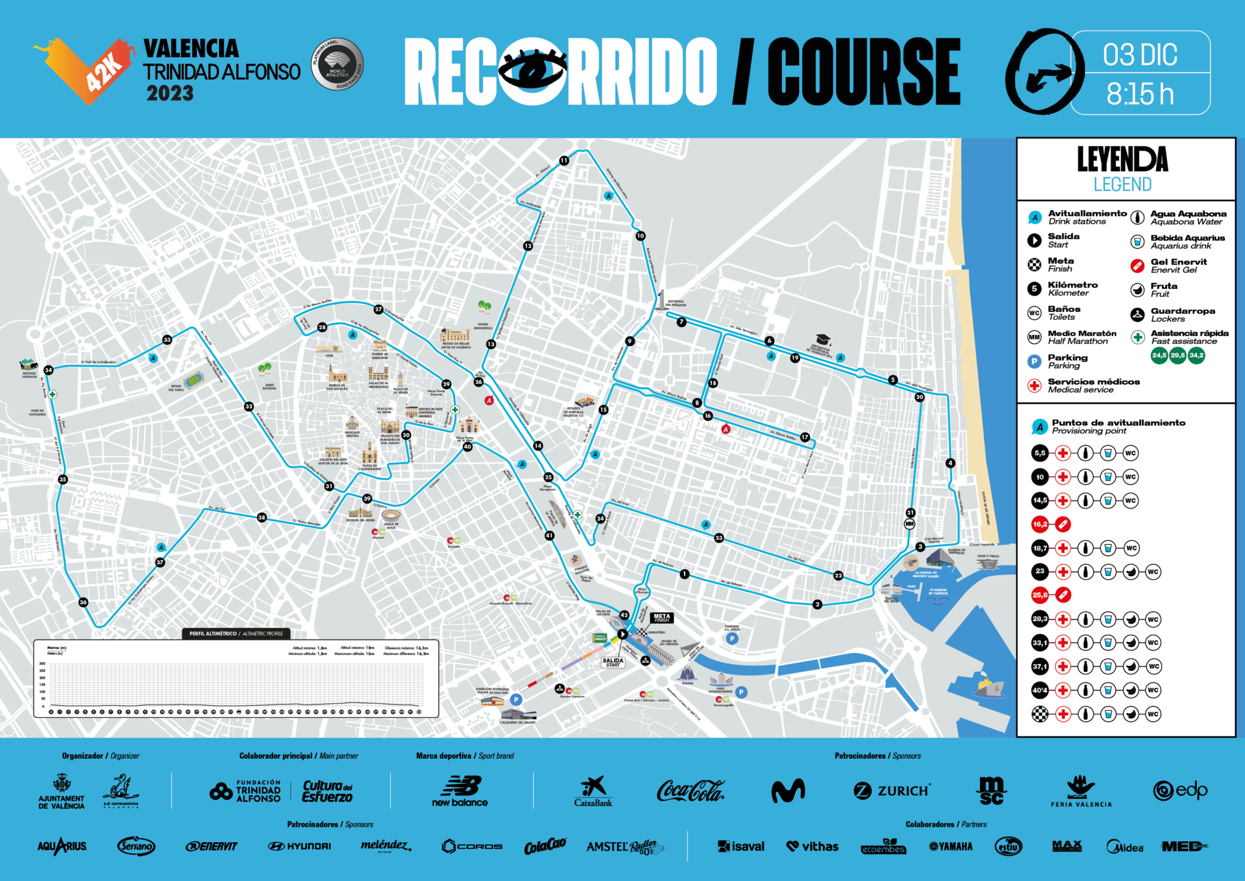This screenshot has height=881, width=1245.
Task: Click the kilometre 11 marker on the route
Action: coord(564,161)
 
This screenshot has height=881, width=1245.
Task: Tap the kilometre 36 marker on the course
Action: coord(83,602)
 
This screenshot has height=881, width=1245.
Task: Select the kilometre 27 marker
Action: coord(378,309)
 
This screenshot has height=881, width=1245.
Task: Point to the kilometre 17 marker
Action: coord(805,437)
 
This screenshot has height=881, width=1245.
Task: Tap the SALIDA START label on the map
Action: coord(613,662)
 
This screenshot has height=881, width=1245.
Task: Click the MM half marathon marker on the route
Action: coord(909,523)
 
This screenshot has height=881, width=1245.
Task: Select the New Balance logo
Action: coord(460,791)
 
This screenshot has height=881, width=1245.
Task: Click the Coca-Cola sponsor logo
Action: coord(690,790)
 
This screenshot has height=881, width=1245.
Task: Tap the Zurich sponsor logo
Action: coord(892,790)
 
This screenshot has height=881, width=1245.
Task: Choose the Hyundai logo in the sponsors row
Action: coord(300,846)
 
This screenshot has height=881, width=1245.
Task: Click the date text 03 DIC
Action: coord(1140,55)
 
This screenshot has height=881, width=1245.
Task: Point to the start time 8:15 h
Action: coord(1140,94)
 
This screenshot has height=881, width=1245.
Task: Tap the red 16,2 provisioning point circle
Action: coord(1040,524)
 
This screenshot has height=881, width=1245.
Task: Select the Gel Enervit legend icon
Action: coord(1137,266)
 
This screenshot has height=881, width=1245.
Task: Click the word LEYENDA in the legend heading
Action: coord(1122,159)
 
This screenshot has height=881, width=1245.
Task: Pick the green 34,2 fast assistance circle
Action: coord(1196,355)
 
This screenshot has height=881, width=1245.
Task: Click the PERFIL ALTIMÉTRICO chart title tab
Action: coord(236,634)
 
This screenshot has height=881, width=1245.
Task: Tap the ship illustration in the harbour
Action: coord(988,685)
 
